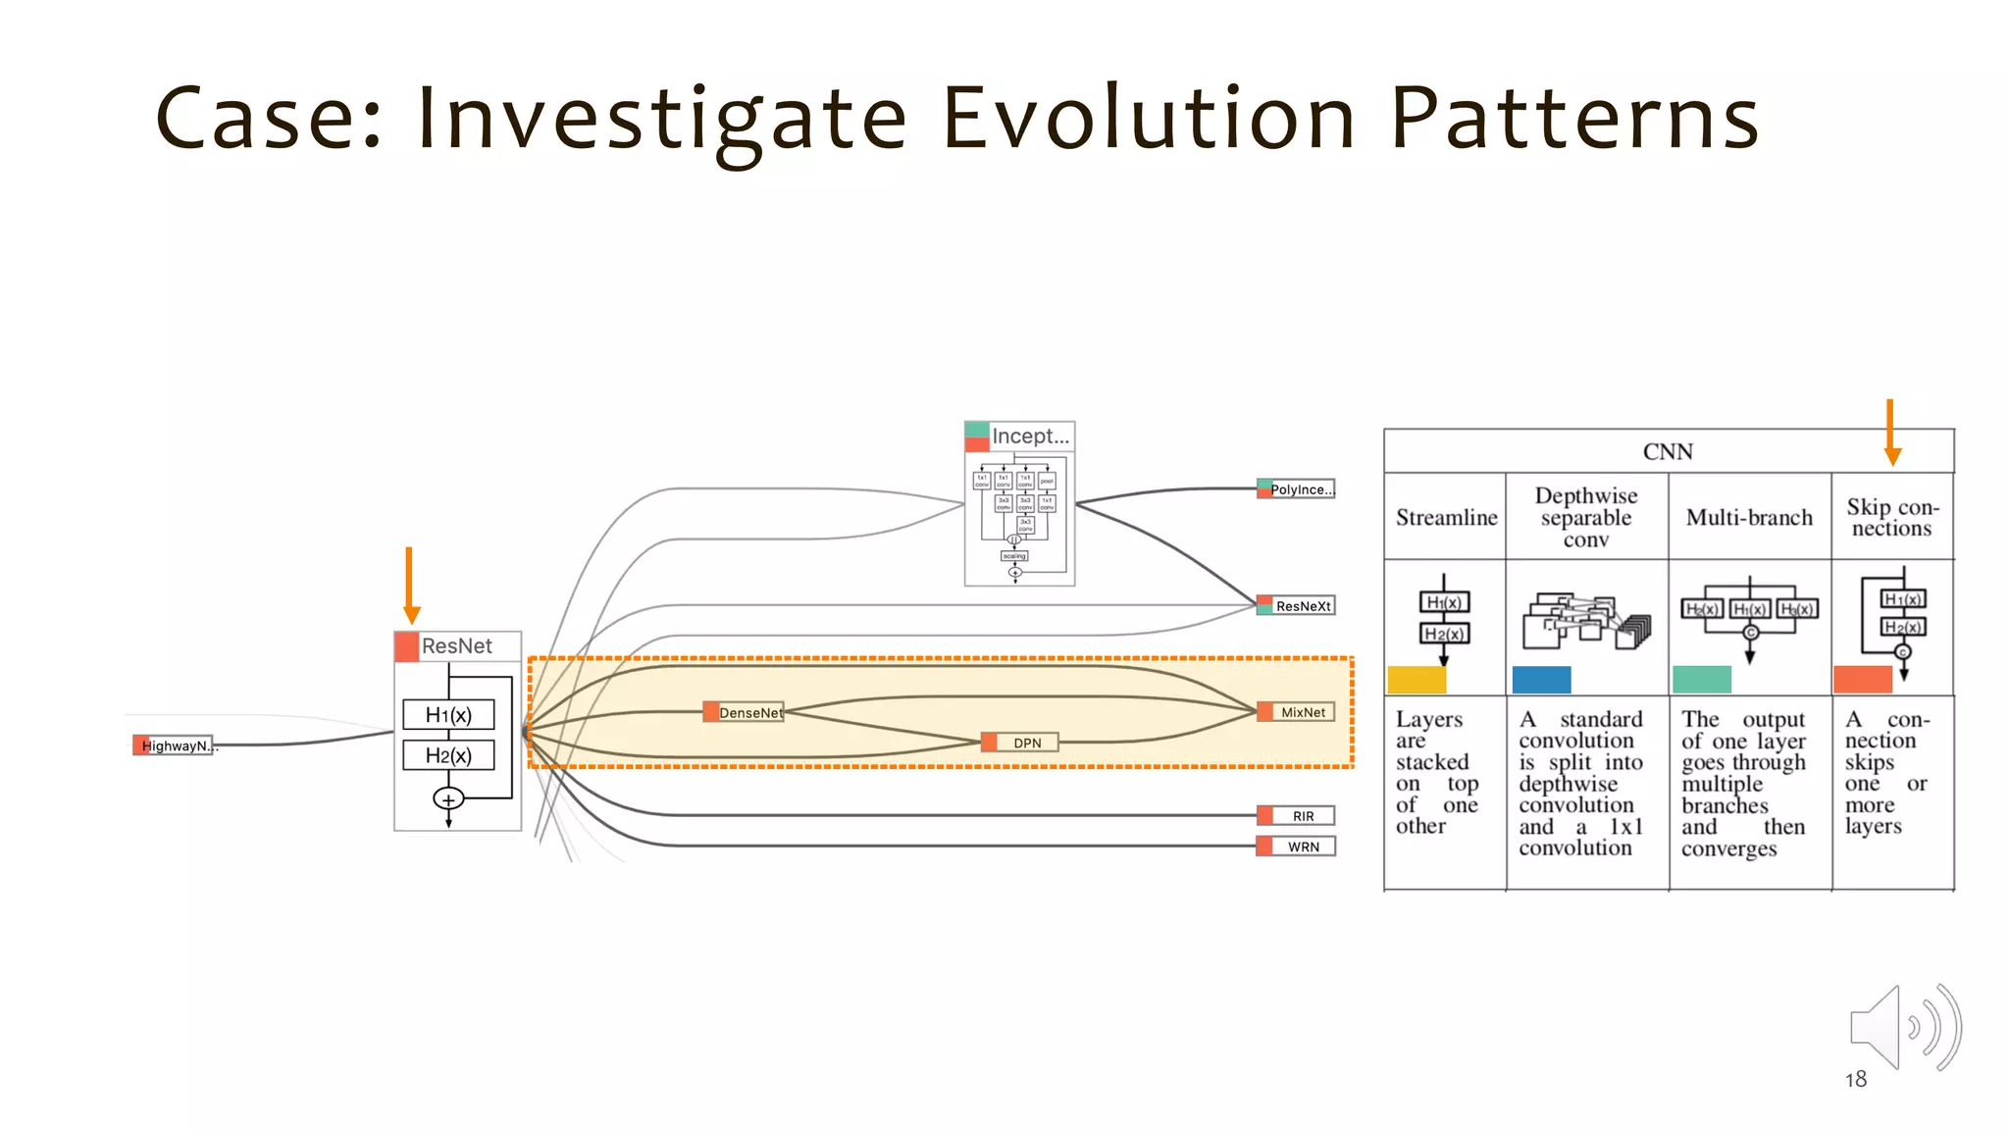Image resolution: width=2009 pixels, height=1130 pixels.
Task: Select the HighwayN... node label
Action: (x=175, y=745)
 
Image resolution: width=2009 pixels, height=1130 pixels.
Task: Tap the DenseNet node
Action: (x=745, y=712)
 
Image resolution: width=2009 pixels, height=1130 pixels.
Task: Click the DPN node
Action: (x=1020, y=743)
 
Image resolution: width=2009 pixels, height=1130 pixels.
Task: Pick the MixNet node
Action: (x=1297, y=712)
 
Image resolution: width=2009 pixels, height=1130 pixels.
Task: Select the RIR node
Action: (x=1297, y=815)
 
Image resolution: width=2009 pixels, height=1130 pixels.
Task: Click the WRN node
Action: (x=1297, y=847)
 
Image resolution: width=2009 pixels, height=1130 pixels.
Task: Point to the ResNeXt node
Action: (x=1297, y=606)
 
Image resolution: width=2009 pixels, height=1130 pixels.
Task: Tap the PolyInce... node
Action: (x=1297, y=488)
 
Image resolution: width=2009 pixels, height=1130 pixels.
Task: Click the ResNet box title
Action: (x=456, y=646)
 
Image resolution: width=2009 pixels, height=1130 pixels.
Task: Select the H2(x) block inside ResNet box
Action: (x=448, y=755)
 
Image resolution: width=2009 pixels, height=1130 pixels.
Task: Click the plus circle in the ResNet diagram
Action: (x=448, y=799)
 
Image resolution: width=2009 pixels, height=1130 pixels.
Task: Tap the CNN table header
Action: (x=1668, y=451)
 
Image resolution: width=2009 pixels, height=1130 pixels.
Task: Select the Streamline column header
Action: (x=1446, y=517)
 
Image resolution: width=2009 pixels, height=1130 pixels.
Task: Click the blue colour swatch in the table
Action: (x=1541, y=680)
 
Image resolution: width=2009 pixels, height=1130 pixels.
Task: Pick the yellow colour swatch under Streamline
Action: (x=1417, y=680)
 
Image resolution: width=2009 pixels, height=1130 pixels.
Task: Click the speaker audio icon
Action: (x=1903, y=1027)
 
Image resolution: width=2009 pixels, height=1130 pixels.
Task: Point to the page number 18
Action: (x=1855, y=1079)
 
